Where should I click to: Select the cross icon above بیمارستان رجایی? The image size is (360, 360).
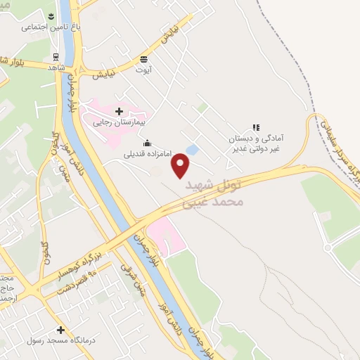point(119,110)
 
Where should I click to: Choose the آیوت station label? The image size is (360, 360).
point(144,70)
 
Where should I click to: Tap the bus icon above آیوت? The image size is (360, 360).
point(144,59)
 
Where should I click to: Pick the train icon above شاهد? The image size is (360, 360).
point(56,57)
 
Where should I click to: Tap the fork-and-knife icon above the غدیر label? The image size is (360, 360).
point(256,128)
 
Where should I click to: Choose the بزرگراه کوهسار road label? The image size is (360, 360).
point(98,247)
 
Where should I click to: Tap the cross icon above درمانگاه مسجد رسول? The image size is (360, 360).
point(61,330)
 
